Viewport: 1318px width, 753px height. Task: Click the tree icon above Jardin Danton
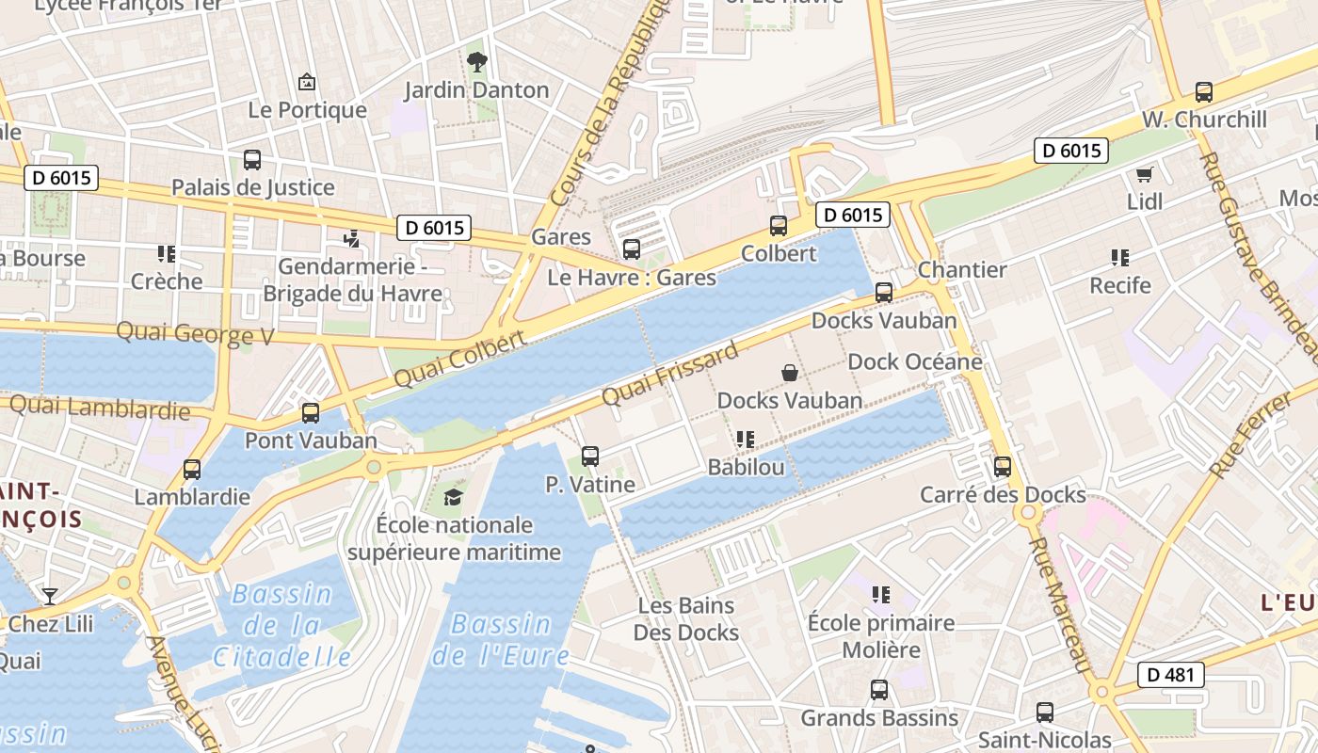(x=477, y=63)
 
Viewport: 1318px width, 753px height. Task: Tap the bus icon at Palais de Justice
(x=251, y=160)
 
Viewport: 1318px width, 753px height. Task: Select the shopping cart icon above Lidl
(x=1145, y=174)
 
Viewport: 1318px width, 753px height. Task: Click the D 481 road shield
(x=1170, y=675)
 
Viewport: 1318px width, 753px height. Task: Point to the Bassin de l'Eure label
(x=500, y=639)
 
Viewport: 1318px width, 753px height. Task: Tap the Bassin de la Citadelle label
(x=281, y=625)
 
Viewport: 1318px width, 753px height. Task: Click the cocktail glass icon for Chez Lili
(x=49, y=596)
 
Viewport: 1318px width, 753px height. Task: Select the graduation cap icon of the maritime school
(x=454, y=497)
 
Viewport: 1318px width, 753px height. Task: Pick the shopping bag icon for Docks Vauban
(x=790, y=373)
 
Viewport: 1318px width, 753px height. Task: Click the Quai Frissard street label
(x=669, y=375)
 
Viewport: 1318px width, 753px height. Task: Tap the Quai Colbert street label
(x=459, y=359)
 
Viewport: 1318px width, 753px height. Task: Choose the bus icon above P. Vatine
(x=590, y=457)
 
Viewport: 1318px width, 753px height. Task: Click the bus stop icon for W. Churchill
(x=1203, y=92)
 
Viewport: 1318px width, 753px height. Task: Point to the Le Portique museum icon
(x=306, y=83)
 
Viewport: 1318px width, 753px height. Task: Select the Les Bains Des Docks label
(x=685, y=618)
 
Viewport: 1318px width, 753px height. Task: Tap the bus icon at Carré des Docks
(x=1003, y=467)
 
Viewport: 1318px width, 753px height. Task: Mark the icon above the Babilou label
(x=746, y=440)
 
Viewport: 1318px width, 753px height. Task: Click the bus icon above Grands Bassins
(x=878, y=690)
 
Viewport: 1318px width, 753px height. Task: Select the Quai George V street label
(x=195, y=333)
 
